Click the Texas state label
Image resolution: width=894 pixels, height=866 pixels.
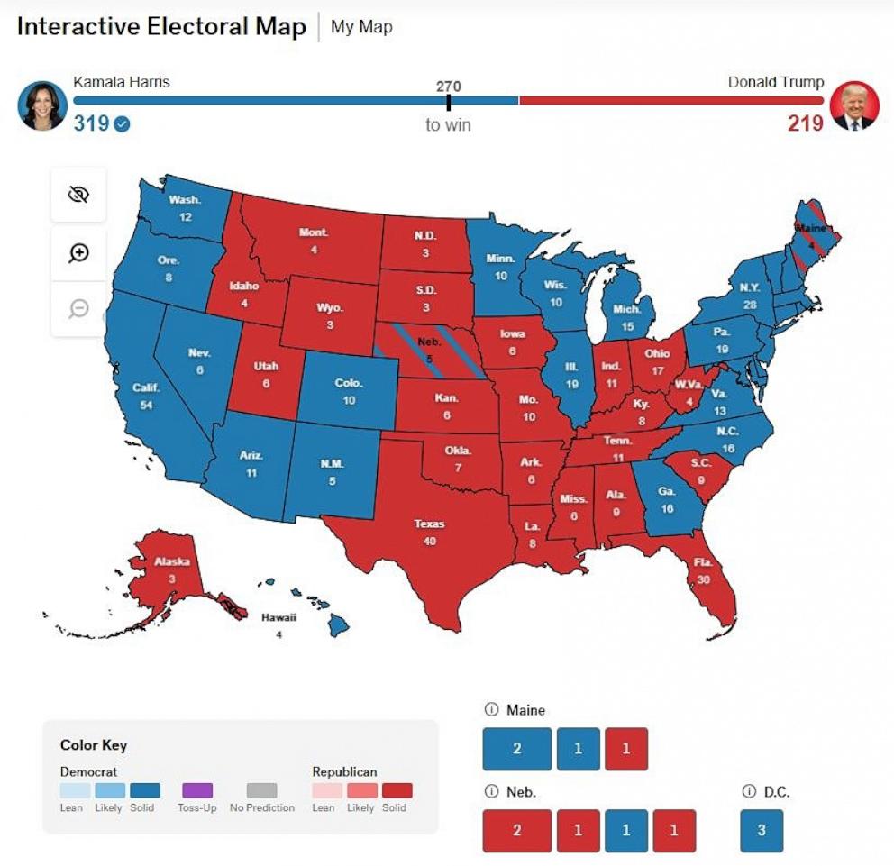click(x=429, y=524)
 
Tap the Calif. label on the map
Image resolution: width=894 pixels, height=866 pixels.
click(x=146, y=387)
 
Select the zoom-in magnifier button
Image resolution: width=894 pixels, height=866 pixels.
click(x=78, y=252)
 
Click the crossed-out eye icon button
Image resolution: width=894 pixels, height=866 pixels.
click(x=78, y=195)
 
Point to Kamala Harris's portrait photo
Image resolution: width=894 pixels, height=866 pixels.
click(x=42, y=105)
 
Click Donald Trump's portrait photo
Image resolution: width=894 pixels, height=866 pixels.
click(x=853, y=105)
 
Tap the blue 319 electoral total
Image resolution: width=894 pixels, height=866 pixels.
click(x=91, y=123)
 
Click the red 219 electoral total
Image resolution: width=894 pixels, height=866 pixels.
click(x=806, y=123)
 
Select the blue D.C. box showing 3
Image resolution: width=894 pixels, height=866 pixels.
click(x=762, y=830)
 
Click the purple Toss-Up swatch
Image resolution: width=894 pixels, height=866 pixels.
click(x=196, y=790)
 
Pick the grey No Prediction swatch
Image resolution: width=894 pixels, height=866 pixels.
click(x=261, y=790)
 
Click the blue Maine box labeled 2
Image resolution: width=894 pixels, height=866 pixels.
click(x=516, y=749)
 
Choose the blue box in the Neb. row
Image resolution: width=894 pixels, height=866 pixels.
click(x=626, y=830)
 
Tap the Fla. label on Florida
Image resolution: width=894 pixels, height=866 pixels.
click(x=703, y=562)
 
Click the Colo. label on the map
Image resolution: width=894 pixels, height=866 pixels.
click(x=349, y=383)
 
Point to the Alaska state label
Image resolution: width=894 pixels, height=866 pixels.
click(x=171, y=561)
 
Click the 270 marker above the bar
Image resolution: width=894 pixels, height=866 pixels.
click(x=448, y=87)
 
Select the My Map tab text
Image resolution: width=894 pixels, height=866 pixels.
click(x=361, y=27)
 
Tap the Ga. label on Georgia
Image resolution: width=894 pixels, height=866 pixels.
click(x=667, y=492)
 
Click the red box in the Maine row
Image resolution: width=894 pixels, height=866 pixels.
click(x=626, y=749)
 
